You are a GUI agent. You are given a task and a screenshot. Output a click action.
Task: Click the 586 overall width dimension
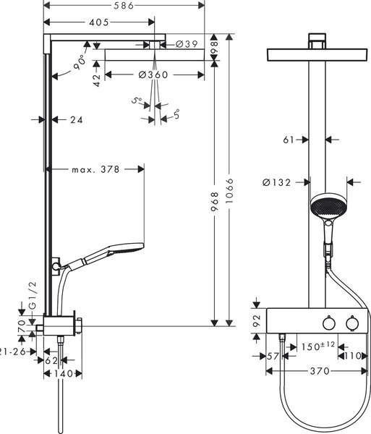124,6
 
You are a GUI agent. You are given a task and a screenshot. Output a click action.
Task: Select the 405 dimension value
99,22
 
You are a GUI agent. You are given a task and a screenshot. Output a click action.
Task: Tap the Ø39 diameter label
187,44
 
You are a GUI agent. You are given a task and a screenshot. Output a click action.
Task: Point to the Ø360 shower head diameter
153,75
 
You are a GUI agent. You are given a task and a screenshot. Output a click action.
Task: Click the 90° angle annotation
80,62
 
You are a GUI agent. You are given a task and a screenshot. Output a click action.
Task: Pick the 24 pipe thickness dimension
77,120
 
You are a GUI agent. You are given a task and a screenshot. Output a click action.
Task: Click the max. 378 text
95,169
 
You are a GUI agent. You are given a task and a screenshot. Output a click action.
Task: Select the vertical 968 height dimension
215,202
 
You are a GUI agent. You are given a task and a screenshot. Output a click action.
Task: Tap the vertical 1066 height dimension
229,191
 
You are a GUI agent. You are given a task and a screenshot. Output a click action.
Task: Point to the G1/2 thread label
33,295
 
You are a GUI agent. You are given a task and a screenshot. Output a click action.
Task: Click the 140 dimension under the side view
63,374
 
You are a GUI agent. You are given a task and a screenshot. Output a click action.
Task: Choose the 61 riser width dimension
289,140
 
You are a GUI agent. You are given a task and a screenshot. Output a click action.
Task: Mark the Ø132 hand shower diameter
277,182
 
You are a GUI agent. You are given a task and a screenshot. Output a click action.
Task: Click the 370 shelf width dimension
320,371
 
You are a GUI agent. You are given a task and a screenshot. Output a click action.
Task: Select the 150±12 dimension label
318,346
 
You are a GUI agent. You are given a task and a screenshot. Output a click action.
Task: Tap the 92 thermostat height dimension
257,320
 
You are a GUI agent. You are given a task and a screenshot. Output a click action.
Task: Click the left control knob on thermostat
329,323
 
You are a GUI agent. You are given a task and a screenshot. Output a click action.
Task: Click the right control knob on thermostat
352,323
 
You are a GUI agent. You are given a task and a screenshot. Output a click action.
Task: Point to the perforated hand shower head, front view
328,206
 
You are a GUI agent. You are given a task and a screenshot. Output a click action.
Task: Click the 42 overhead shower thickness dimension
97,80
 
